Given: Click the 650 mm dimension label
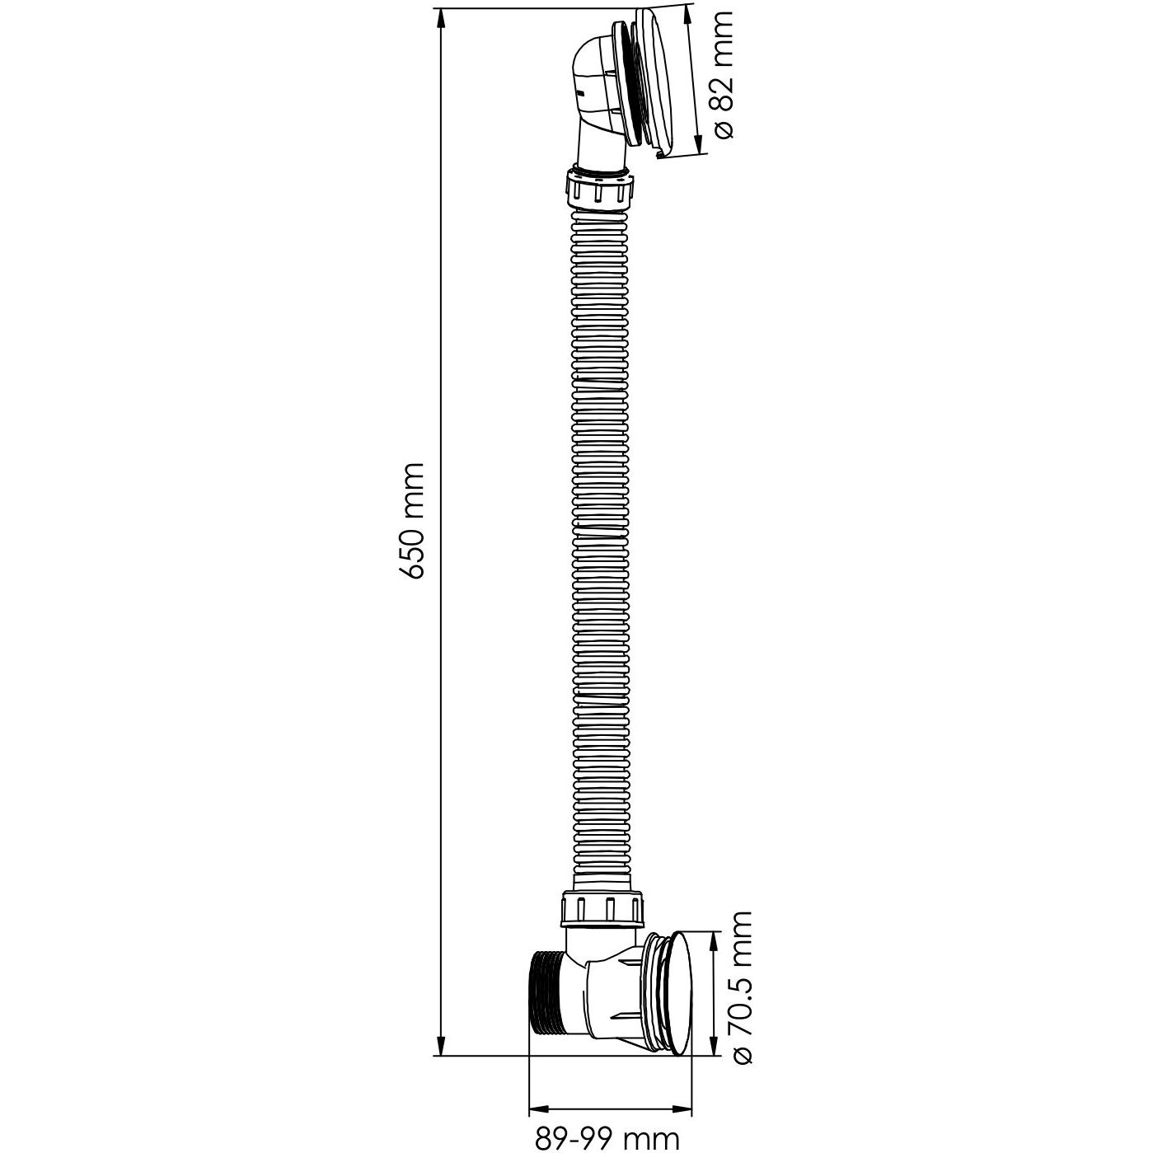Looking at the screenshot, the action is [x=414, y=520].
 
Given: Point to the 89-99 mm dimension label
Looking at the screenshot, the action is [x=607, y=1136].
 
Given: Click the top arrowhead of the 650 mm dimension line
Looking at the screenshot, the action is [x=442, y=18].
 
